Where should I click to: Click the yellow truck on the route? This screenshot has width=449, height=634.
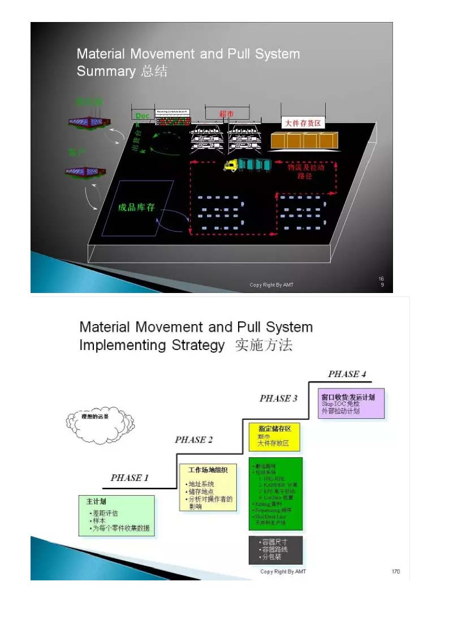pos(231,165)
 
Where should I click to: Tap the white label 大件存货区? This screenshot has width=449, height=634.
pos(303,123)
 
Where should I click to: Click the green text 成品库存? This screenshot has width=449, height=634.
pos(136,207)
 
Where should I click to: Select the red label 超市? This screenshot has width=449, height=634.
pos(227,113)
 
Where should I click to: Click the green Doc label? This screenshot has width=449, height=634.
pos(143,116)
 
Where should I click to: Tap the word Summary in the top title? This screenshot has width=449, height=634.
pos(106,72)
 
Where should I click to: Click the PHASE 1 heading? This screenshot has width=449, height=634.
pos(129,478)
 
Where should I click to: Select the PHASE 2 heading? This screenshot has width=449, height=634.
pos(194,440)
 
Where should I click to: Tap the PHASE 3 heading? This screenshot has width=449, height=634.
pos(278,398)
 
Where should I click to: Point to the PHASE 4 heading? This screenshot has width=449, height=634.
pos(347,374)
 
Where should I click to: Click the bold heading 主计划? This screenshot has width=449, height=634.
pos(96,501)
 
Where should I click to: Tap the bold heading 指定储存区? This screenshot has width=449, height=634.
pos(275,429)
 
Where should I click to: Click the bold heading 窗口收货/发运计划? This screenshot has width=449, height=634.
pos(348,397)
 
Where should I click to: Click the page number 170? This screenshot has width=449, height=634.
pos(395,571)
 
